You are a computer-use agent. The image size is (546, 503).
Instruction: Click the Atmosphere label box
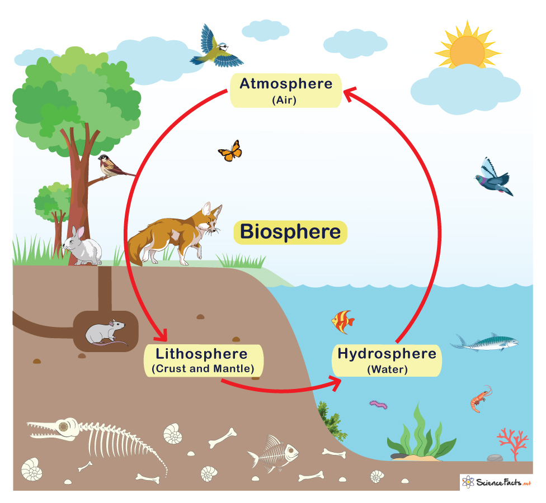(x=285, y=91)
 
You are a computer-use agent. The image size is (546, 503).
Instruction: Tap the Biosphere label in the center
(x=290, y=232)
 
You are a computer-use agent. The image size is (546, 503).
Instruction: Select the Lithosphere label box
(x=204, y=360)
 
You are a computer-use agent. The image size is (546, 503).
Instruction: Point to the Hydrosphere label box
(x=387, y=360)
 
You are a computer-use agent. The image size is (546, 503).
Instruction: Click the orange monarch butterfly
(x=230, y=151)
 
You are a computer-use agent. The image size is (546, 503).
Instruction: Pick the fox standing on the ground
(x=175, y=234)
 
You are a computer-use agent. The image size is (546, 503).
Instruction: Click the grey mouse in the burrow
(x=106, y=333)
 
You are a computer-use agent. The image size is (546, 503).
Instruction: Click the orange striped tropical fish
(x=342, y=322)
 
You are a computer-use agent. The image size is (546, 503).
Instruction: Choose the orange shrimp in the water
(x=481, y=398)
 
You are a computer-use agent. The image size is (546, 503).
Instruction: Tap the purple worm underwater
(x=379, y=404)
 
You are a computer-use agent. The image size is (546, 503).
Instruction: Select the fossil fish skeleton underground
(x=274, y=453)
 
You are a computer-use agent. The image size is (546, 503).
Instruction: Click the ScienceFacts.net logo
(x=496, y=482)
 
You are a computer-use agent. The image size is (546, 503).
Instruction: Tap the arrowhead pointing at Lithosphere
(x=161, y=336)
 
